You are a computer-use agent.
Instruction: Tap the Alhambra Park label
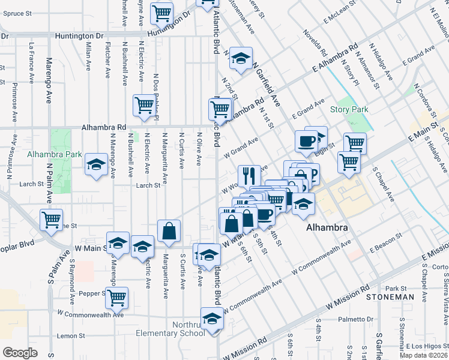coord(55,154)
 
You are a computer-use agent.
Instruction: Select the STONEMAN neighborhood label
coord(393,296)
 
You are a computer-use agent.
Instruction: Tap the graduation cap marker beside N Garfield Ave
coord(241,58)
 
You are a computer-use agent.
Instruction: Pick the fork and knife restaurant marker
coord(249,175)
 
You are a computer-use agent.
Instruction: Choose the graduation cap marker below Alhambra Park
coord(95,164)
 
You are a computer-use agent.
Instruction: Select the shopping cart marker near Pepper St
coord(117,296)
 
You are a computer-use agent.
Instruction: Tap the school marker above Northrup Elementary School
coord(211,319)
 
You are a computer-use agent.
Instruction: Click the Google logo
coord(20,353)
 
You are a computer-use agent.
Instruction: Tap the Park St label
coord(396,288)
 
